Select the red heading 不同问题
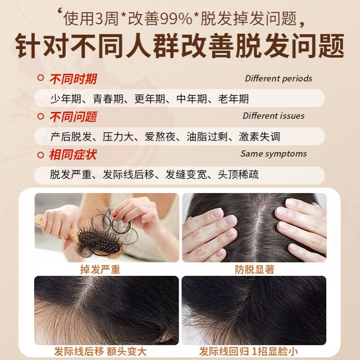point(73,117)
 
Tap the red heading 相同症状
point(73,155)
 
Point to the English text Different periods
point(278,79)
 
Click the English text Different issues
point(274,116)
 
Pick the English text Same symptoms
point(273,154)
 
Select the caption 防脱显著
point(254,270)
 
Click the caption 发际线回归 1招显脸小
point(249,351)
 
